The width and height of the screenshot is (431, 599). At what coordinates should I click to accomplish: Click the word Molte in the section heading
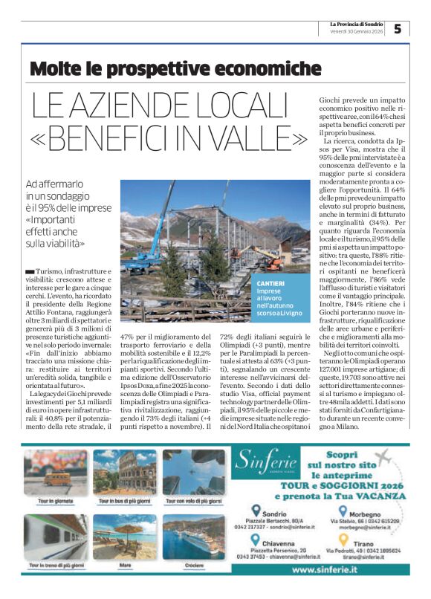pyautogui.click(x=56, y=70)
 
